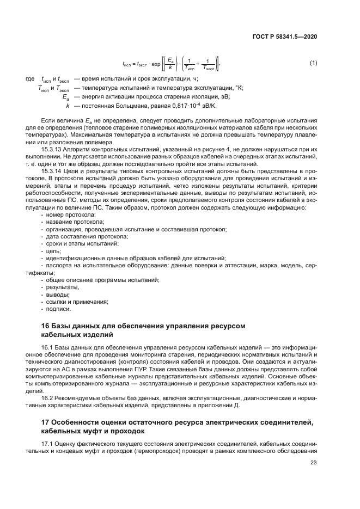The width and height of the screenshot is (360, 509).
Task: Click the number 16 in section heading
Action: click(46, 326)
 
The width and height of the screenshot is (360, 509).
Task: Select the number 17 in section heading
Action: click(46, 423)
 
